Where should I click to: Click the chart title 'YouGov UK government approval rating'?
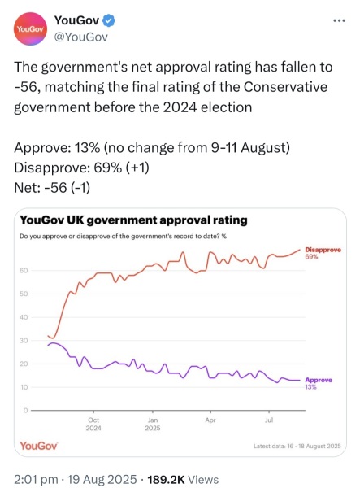coord(133,220)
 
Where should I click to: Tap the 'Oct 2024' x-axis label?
coord(93,424)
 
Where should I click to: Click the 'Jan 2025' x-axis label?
coord(152,424)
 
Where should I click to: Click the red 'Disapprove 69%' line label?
coord(322,253)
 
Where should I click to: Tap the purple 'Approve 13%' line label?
coord(318,383)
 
